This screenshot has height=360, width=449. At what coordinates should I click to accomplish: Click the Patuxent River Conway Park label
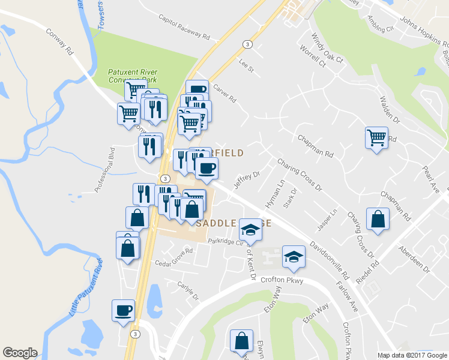pyautogui.click(x=132, y=76)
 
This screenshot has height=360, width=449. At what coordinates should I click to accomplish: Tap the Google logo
pyautogui.click(x=20, y=353)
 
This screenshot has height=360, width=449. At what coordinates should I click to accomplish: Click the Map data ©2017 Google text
pyautogui.click(x=411, y=355)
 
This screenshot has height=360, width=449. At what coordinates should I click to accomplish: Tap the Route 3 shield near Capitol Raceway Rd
pyautogui.click(x=247, y=44)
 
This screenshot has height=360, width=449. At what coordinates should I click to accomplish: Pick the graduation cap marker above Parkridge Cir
pyautogui.click(x=250, y=230)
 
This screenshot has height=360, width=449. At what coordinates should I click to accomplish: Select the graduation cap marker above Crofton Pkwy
pyautogui.click(x=294, y=257)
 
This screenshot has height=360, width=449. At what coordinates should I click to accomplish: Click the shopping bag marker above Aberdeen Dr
pyautogui.click(x=377, y=220)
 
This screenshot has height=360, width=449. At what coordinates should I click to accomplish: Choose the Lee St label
pyautogui.click(x=246, y=66)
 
